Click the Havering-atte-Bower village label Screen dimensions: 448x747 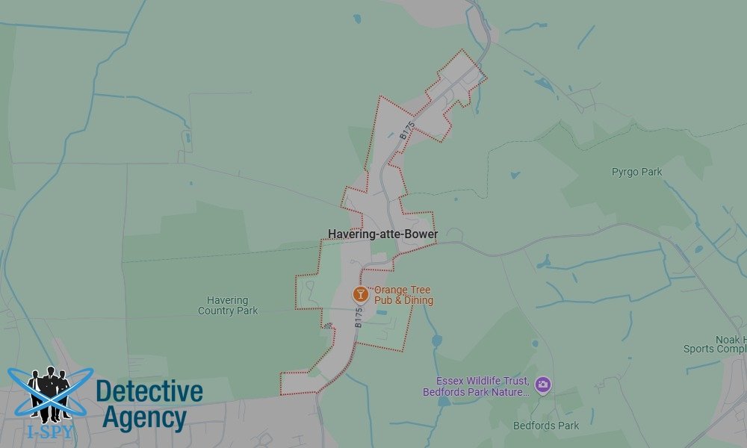(382, 234)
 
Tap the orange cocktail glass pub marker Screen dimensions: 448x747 (361, 294)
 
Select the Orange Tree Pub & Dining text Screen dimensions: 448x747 (403, 295)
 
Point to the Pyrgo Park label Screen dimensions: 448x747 (636, 172)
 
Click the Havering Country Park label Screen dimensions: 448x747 (228, 305)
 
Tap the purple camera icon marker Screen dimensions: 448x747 (542, 385)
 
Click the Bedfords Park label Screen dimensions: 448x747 (546, 426)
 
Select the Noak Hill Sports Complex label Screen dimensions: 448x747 (716, 344)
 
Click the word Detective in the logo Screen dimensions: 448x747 (149, 391)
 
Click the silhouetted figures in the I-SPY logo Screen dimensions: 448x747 (49, 392)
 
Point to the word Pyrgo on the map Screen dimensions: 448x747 (625, 172)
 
